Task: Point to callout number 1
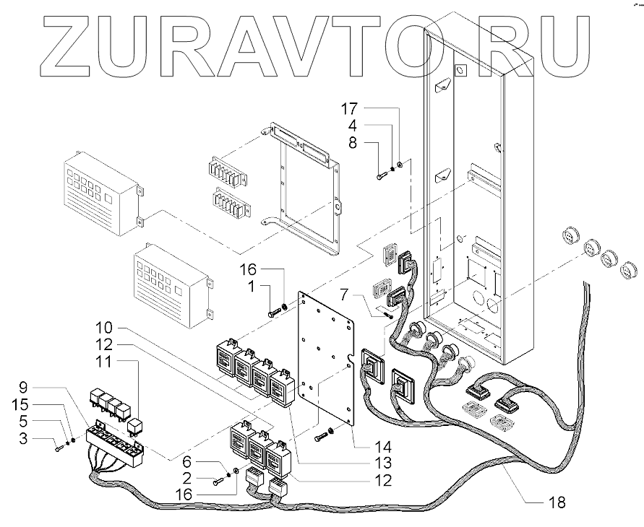point(250,288)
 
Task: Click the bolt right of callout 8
point(382,175)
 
